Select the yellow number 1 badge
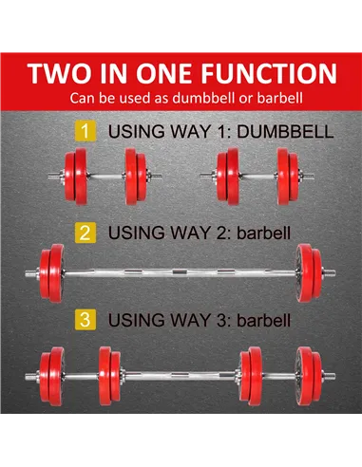pos(86,132)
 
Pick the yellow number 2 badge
pos(86,231)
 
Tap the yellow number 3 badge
pos(86,322)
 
